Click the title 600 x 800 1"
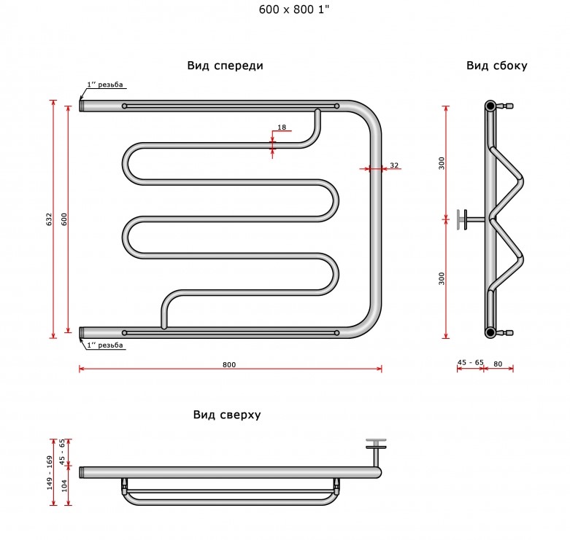[x=293, y=9]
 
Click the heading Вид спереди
[x=225, y=66]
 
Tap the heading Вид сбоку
[x=496, y=66]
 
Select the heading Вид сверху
[x=227, y=415]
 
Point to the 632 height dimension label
[x=49, y=219]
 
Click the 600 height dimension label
[x=64, y=219]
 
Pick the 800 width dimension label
[x=229, y=364]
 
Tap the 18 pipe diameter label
[x=282, y=127]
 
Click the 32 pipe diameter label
[x=394, y=165]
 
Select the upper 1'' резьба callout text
[x=104, y=85]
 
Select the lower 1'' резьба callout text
[x=104, y=345]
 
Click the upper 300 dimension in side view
[x=442, y=163]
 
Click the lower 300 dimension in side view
[x=442, y=278]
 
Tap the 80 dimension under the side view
[x=498, y=364]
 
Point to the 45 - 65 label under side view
[x=471, y=362]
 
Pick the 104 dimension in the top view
[x=64, y=485]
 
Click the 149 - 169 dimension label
[x=50, y=472]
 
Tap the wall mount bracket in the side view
[x=469, y=219]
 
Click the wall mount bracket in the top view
[x=377, y=451]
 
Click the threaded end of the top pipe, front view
[x=82, y=106]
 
